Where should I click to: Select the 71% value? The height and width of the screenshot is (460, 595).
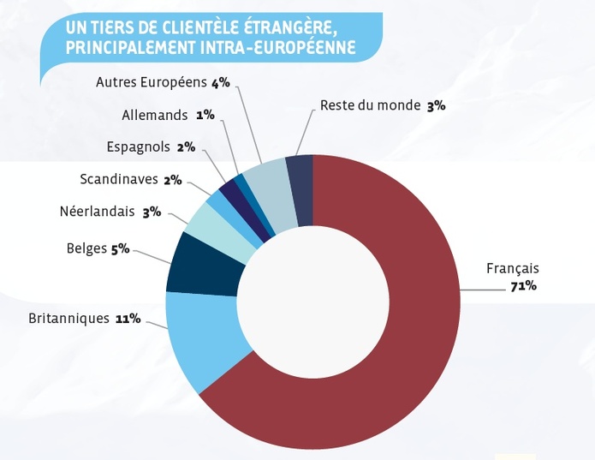click(x=522, y=285)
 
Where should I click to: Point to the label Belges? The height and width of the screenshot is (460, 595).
click(x=86, y=249)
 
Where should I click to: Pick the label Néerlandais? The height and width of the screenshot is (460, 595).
click(x=98, y=212)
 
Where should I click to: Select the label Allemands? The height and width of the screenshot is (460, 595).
click(x=156, y=114)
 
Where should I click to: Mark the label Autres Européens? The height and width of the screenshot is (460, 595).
click(x=152, y=82)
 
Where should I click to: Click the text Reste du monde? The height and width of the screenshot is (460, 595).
click(x=370, y=105)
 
